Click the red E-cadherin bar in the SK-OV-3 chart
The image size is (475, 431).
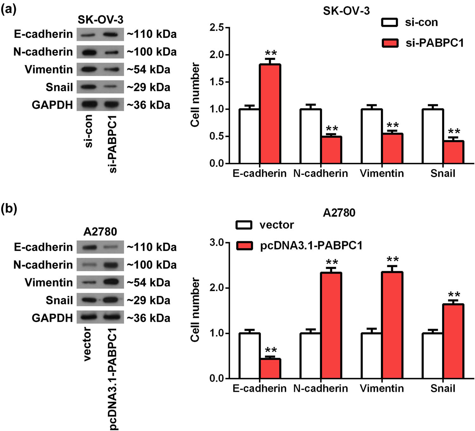coord(270,114)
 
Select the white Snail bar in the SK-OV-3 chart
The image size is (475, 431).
coord(433,136)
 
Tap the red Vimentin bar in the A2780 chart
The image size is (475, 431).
coord(392,325)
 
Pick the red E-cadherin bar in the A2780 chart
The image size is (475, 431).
coord(270,369)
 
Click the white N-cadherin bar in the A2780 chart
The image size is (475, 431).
coord(310,356)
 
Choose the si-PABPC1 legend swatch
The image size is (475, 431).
coord(390,43)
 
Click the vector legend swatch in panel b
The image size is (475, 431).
coord(244,225)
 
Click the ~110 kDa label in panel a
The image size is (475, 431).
coord(152,34)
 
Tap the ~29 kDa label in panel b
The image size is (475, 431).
coord(149,300)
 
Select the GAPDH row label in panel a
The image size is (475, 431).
coord(52,105)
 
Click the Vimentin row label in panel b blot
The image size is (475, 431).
coord(49,283)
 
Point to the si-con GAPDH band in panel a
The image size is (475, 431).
coord(90,104)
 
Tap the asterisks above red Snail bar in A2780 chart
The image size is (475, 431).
coord(453,295)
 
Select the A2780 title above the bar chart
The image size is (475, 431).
coord(339,212)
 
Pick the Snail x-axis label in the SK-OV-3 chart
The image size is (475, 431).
coord(442,173)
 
